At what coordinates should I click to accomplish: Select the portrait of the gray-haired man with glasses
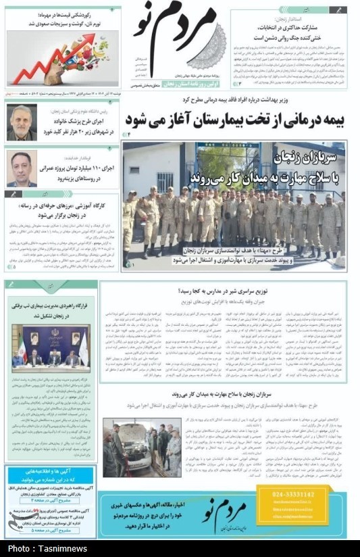click(x=22, y=122)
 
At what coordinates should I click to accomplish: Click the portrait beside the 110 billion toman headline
click(x=22, y=168)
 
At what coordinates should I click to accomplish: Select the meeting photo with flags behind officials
click(x=50, y=348)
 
